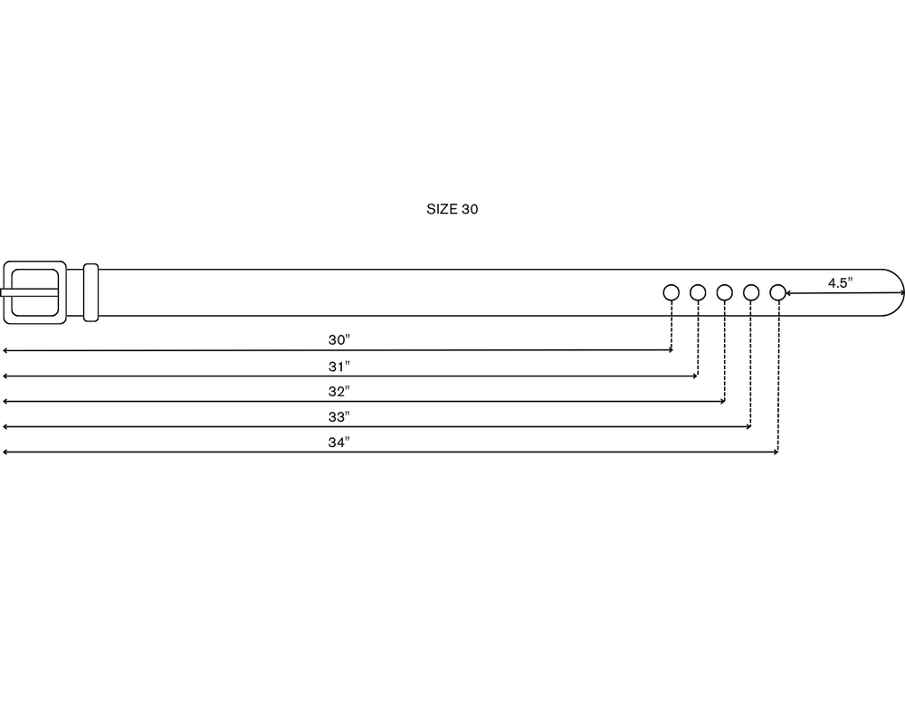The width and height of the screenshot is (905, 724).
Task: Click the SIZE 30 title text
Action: (x=452, y=209)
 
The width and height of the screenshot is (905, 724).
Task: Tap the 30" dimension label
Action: (x=339, y=340)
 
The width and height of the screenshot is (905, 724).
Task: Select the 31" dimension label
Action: (x=339, y=367)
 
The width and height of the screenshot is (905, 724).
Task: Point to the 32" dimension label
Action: (x=339, y=392)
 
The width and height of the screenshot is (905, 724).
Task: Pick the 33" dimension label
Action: (x=339, y=417)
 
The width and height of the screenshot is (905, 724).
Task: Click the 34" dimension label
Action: (x=339, y=443)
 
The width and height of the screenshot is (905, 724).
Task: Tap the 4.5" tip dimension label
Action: (x=841, y=283)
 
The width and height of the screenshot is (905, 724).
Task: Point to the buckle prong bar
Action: (x=29, y=292)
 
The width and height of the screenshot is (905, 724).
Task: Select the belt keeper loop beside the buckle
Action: (x=90, y=292)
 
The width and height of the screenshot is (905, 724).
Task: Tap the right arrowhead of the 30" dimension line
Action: (x=671, y=350)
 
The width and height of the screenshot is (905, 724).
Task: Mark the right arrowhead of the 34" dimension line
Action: (x=776, y=452)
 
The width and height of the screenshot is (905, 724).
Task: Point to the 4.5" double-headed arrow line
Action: (x=845, y=293)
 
